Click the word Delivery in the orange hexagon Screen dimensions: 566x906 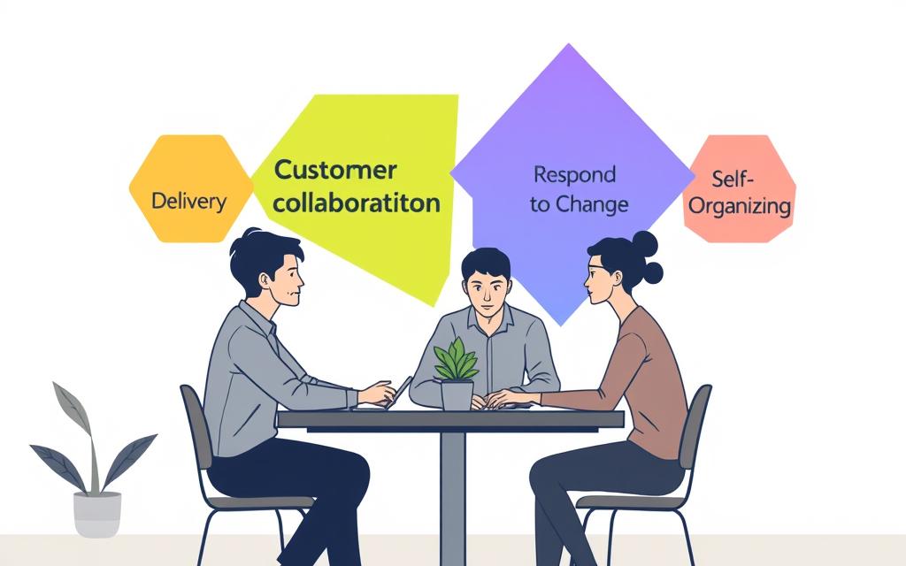188,201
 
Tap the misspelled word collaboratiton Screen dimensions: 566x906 356,203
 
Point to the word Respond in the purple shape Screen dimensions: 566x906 574,173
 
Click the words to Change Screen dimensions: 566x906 579,204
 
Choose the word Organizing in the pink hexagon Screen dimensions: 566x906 739,207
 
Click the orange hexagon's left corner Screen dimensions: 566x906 131,188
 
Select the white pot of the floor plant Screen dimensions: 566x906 96,514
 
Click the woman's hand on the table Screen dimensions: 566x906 505,399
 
